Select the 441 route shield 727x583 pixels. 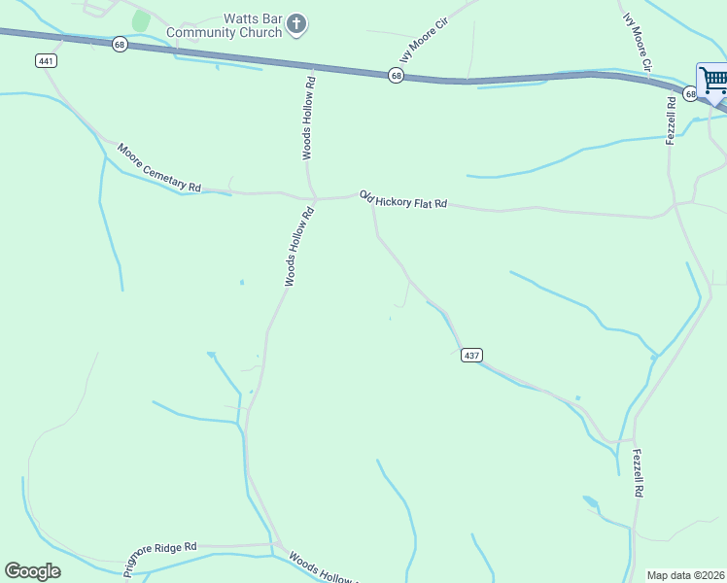[47, 60]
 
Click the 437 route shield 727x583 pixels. [470, 356]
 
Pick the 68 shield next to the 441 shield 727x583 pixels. [120, 45]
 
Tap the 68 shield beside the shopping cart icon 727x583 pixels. [690, 93]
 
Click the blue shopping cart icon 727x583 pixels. [712, 79]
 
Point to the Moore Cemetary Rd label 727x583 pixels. [158, 168]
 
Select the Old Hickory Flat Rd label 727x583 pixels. [402, 199]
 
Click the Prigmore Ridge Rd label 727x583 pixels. [159, 554]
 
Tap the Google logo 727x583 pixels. [32, 571]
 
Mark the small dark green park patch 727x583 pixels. [141, 20]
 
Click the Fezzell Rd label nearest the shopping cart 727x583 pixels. [671, 120]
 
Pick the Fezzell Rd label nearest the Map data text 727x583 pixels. [638, 473]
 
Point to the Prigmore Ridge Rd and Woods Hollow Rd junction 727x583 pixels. [275, 545]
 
